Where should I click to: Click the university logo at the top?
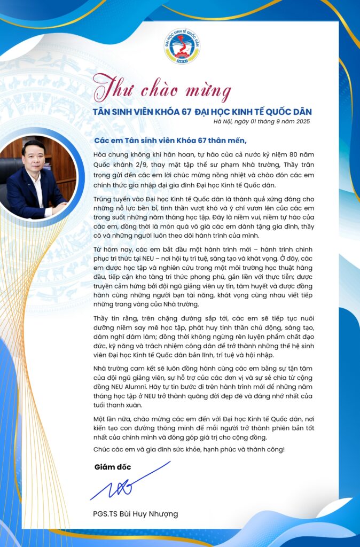(x=182, y=46)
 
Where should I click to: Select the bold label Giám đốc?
(x=112, y=467)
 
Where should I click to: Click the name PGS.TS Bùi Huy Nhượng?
(x=135, y=514)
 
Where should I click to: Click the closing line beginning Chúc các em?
(x=189, y=449)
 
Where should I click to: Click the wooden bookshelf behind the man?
(x=64, y=160)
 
